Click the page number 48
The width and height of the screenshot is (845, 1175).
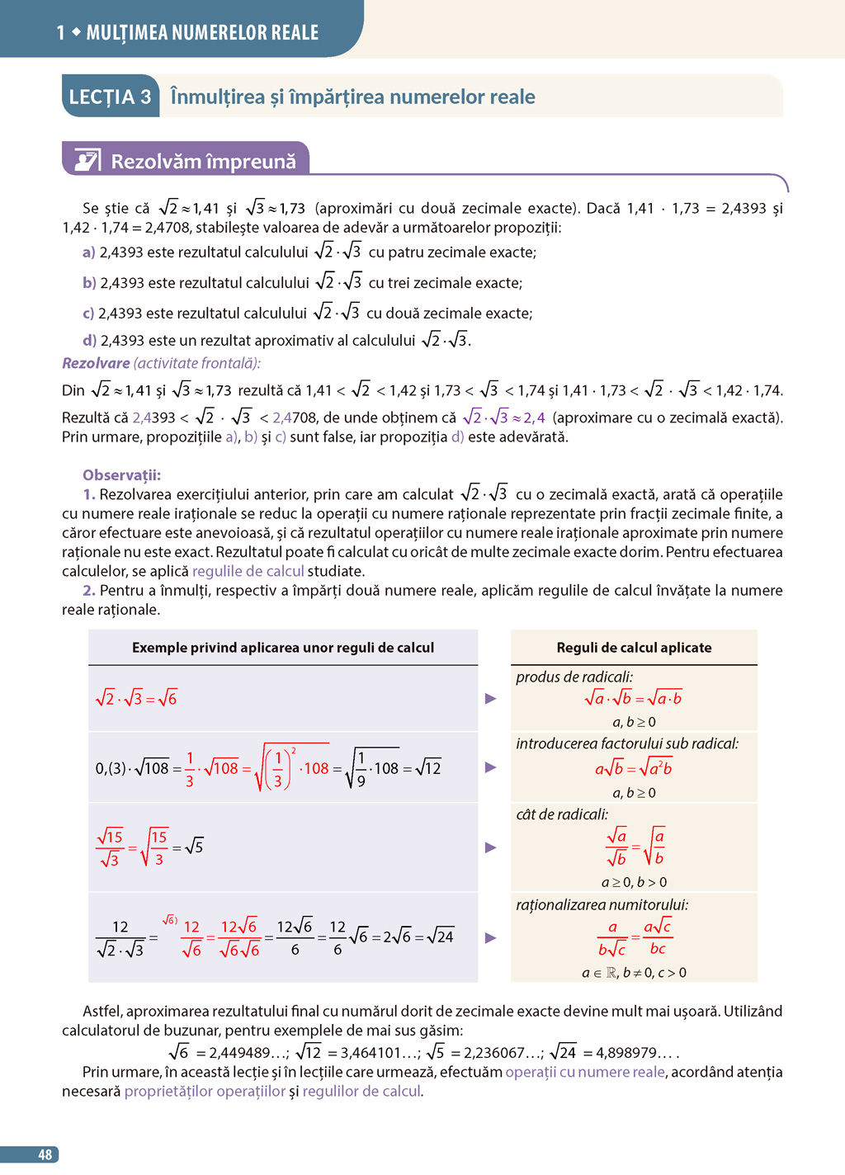[x=45, y=1154]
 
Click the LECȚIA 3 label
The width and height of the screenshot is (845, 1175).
[x=110, y=97]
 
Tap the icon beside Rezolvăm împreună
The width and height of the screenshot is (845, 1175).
[x=87, y=160]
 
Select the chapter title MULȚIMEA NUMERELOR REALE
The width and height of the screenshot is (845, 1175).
[x=202, y=33]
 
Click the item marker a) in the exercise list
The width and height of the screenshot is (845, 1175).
[x=88, y=252]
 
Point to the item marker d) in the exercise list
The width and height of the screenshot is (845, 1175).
[x=89, y=340]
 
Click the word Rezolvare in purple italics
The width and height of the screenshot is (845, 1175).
[x=96, y=363]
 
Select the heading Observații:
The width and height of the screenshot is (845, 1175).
[x=121, y=475]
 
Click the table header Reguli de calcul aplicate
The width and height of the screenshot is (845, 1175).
[x=634, y=648]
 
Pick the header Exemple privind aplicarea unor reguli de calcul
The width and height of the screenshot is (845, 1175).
[x=283, y=648]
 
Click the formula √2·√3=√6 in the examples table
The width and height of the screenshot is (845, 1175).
[x=136, y=698]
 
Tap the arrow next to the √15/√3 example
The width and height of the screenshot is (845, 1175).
[x=491, y=847]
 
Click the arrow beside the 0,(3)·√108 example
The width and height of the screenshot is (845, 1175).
[x=491, y=767]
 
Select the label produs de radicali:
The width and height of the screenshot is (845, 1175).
[x=574, y=677]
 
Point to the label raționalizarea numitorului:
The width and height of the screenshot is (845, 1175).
[x=602, y=905]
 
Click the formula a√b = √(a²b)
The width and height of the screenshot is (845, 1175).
[x=634, y=768]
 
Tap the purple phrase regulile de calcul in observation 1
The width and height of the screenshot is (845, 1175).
[x=248, y=571]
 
